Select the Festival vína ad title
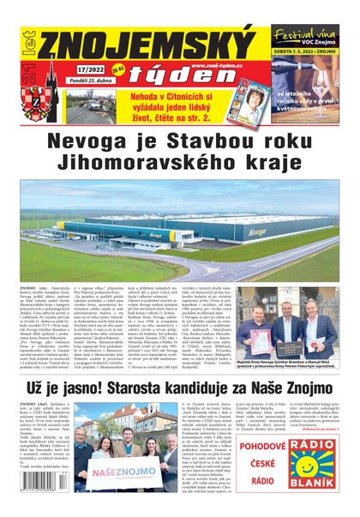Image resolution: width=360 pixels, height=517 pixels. (306, 33)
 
